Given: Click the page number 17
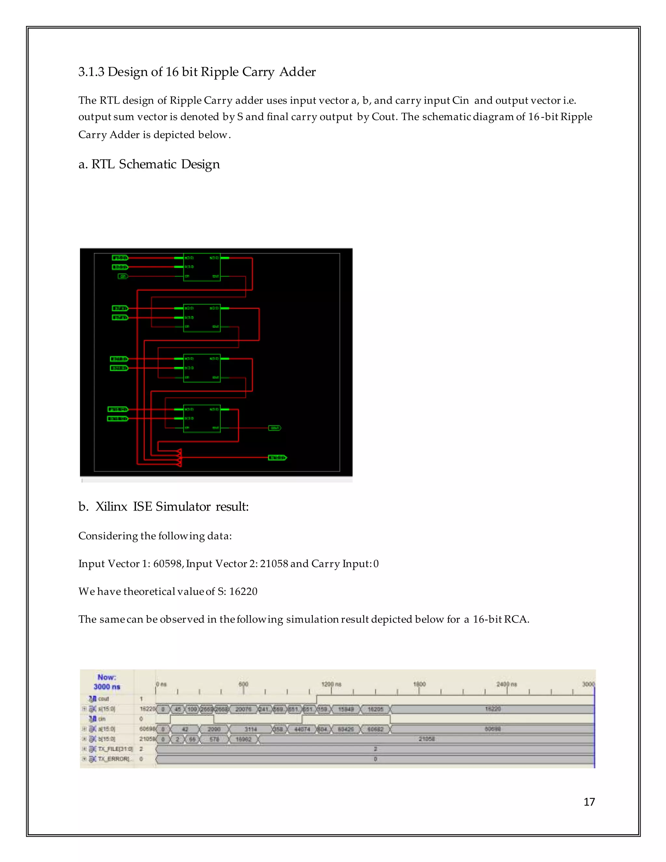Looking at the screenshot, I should coord(589,801).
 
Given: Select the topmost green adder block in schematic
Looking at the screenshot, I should coord(202,267).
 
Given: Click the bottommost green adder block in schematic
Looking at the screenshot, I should coord(202,418).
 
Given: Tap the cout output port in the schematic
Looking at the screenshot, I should coord(274,428).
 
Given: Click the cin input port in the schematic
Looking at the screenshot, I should coord(123,276).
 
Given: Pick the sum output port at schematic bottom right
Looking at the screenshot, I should coord(277,457).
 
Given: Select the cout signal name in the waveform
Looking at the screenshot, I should coord(103,699).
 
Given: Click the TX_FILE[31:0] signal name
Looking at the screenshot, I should coord(115,749).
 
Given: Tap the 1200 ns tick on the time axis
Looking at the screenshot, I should coord(331,684).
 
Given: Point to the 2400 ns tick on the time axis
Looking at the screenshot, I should coord(507,684).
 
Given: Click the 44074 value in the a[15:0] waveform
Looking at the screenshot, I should coord(302,729).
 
